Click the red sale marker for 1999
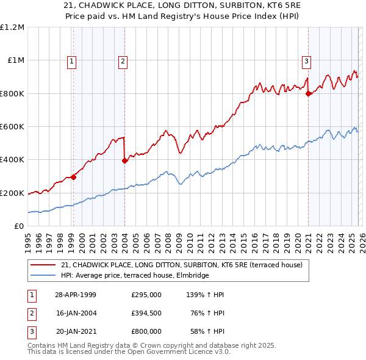pos(73,177)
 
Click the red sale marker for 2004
pos(124,161)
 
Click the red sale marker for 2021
pos(308,93)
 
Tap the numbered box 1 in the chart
pos(72,60)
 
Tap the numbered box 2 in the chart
pos(123,60)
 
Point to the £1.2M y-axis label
pos(12,27)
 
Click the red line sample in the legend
pos(43,265)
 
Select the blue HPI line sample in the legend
pos(43,276)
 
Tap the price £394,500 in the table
pos(146,313)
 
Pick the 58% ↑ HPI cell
pos(209,331)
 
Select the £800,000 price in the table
pos(146,331)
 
